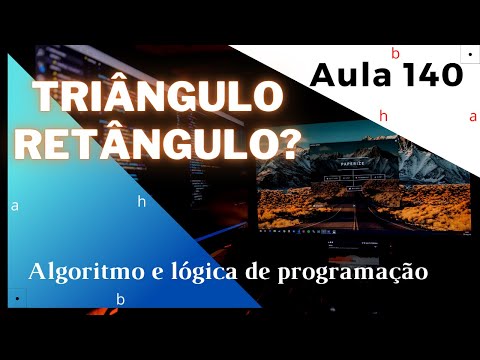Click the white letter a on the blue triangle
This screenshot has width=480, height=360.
(15, 207)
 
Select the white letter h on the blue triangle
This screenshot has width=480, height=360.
(142, 201)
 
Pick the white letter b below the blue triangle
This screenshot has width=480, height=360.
(121, 299)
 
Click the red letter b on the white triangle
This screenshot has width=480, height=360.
(395, 53)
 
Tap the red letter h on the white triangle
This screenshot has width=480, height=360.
(383, 116)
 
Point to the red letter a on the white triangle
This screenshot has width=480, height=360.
(473, 116)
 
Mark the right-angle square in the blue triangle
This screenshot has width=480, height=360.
(17, 297)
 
